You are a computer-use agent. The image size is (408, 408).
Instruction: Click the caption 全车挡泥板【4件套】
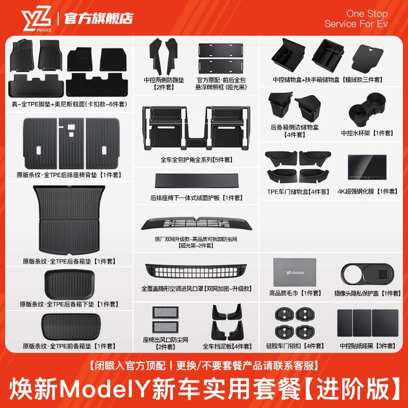[x=227, y=346]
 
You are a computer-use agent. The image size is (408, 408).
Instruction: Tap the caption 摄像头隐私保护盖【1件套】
[x=370, y=293]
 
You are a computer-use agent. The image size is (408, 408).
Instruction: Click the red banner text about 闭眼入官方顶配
[x=203, y=366]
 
